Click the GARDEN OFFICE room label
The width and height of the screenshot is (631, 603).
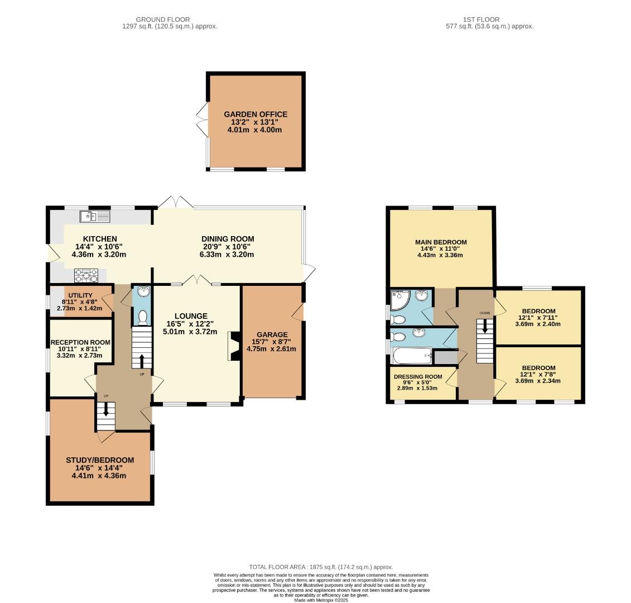click(254, 114)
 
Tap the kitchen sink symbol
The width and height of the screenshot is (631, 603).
click(89, 216)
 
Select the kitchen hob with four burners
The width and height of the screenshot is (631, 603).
click(86, 275)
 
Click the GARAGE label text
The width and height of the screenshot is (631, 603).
click(272, 334)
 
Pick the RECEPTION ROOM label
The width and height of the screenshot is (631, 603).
click(80, 342)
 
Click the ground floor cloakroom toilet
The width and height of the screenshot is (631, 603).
click(142, 317)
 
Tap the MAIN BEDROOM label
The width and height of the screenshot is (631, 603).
click(441, 242)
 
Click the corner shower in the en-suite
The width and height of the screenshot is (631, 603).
click(400, 301)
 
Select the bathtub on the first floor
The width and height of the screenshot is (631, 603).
click(412, 355)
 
